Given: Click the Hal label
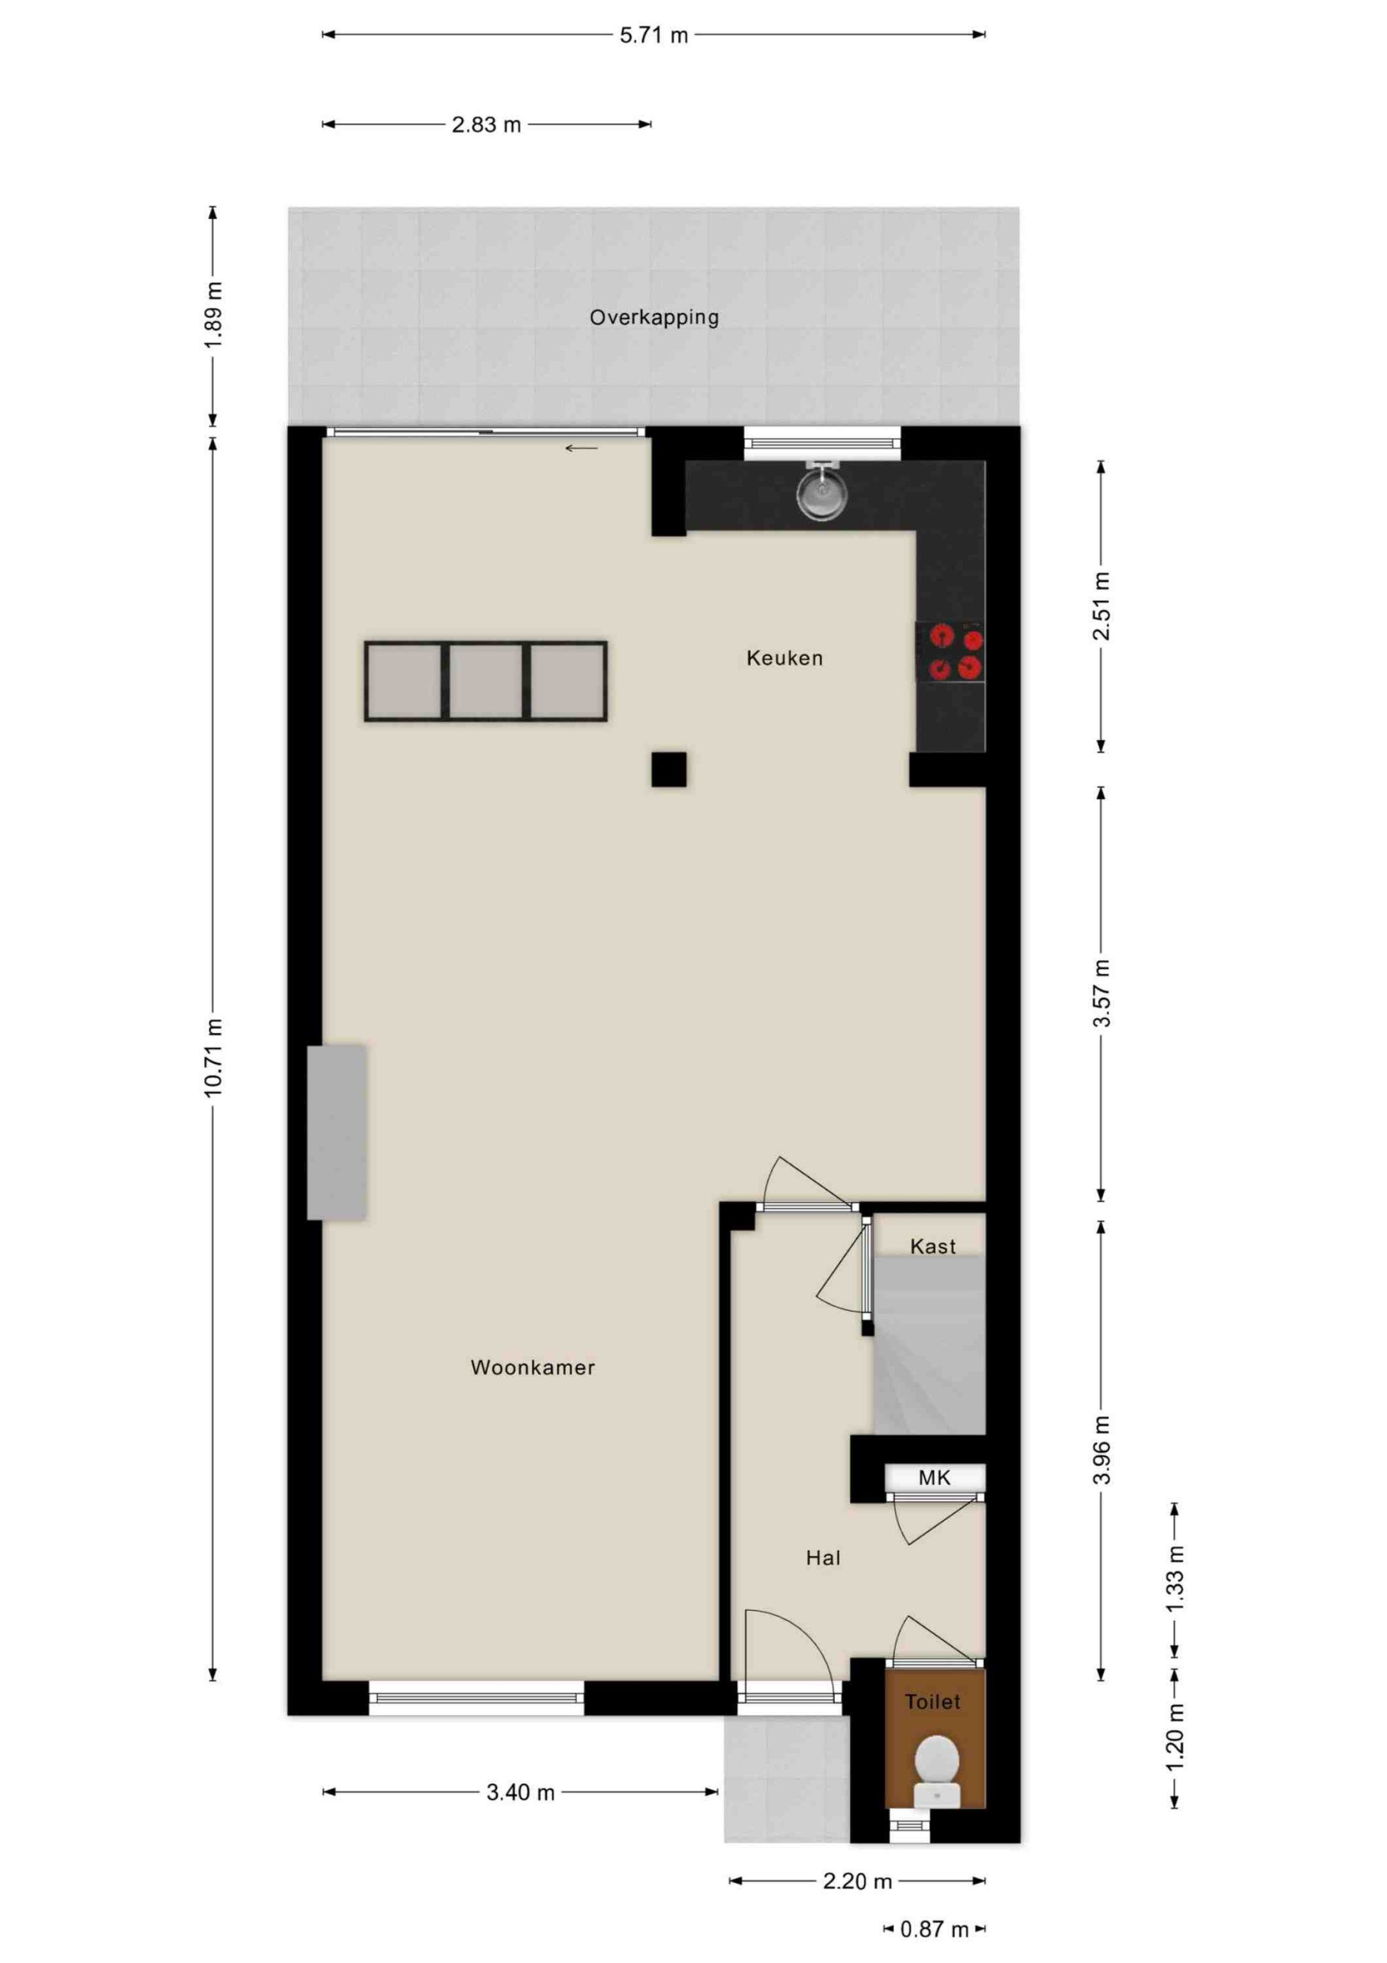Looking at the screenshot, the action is tap(823, 1558).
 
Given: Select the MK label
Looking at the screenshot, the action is tap(934, 1477).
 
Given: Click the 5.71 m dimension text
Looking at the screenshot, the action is tap(654, 35).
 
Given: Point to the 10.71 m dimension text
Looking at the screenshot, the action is tap(214, 1058).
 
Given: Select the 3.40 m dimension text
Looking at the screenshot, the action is tap(521, 1792).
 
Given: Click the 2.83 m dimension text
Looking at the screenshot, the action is tap(486, 125).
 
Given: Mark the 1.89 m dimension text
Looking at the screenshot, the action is tap(214, 314).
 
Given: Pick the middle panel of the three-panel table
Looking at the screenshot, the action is tap(485, 681).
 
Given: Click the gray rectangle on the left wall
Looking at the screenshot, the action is tap(337, 1132).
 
